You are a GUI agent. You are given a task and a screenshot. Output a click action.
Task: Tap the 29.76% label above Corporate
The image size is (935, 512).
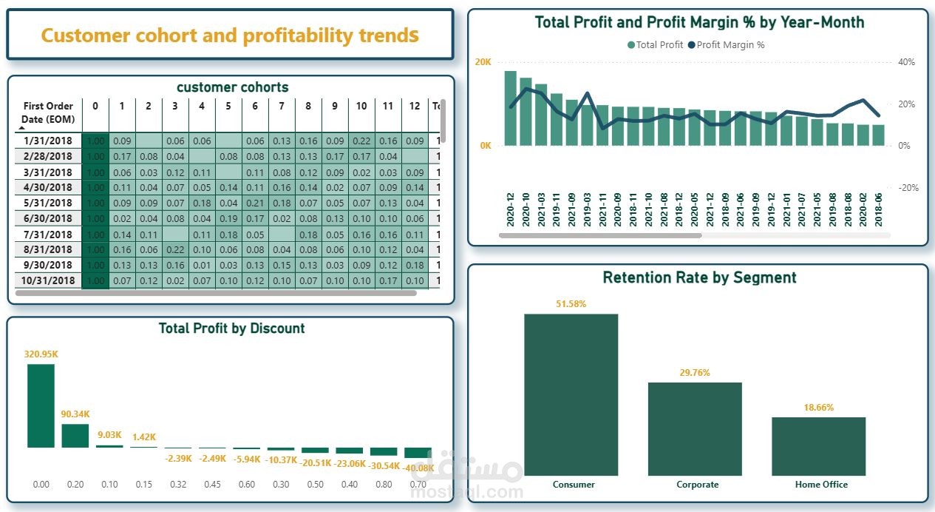pos(695,373)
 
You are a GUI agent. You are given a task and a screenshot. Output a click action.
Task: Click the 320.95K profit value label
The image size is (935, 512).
pos(41,354)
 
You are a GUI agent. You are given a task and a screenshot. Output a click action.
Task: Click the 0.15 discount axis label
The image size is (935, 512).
pos(143,485)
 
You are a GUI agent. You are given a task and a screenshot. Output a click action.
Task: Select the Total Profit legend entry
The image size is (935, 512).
pos(655,45)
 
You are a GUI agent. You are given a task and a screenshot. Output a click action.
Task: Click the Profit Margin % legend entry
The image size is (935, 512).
pos(726,45)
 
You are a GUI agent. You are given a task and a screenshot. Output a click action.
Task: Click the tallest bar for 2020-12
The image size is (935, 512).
pos(510,108)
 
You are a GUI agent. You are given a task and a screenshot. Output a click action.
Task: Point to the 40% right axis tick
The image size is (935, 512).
pos(907,62)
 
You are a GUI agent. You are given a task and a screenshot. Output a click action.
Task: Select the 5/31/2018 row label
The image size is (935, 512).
pos(48,203)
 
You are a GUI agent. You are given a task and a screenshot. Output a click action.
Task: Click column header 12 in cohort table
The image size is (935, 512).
pos(415,107)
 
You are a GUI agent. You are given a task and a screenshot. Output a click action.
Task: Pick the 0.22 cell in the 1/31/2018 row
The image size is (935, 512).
pos(361,141)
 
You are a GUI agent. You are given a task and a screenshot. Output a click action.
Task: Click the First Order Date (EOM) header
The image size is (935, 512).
pos(48,112)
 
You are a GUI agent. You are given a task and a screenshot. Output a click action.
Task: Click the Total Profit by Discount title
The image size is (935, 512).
pos(231,329)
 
